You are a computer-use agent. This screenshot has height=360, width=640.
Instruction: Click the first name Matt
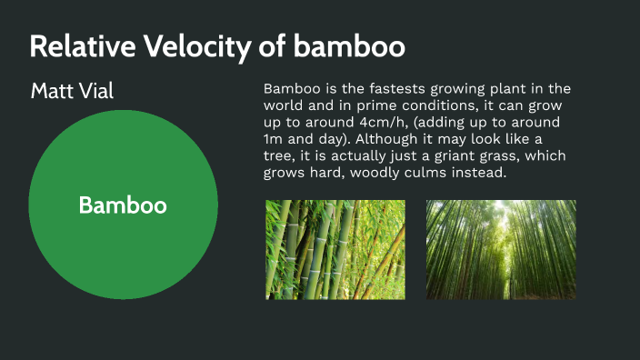tap(53, 91)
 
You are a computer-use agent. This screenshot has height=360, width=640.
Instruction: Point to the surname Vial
tap(96, 91)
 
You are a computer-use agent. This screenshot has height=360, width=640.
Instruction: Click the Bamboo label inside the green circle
tap(123, 205)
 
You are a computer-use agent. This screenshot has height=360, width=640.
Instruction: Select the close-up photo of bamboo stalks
tap(335, 250)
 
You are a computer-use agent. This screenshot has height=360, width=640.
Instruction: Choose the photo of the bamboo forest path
tap(501, 250)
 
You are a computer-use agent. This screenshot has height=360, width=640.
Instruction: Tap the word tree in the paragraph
tap(277, 155)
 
